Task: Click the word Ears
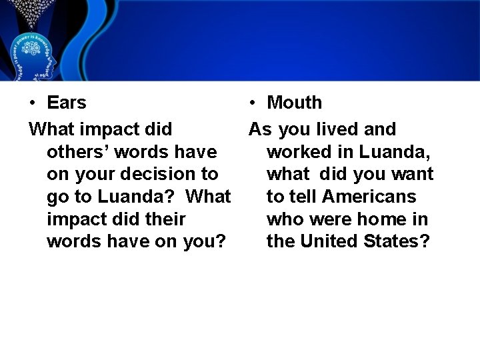pyautogui.click(x=67, y=103)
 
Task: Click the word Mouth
pyautogui.click(x=294, y=103)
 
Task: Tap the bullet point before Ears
pyautogui.click(x=32, y=103)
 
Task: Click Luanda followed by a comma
pyautogui.click(x=397, y=151)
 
